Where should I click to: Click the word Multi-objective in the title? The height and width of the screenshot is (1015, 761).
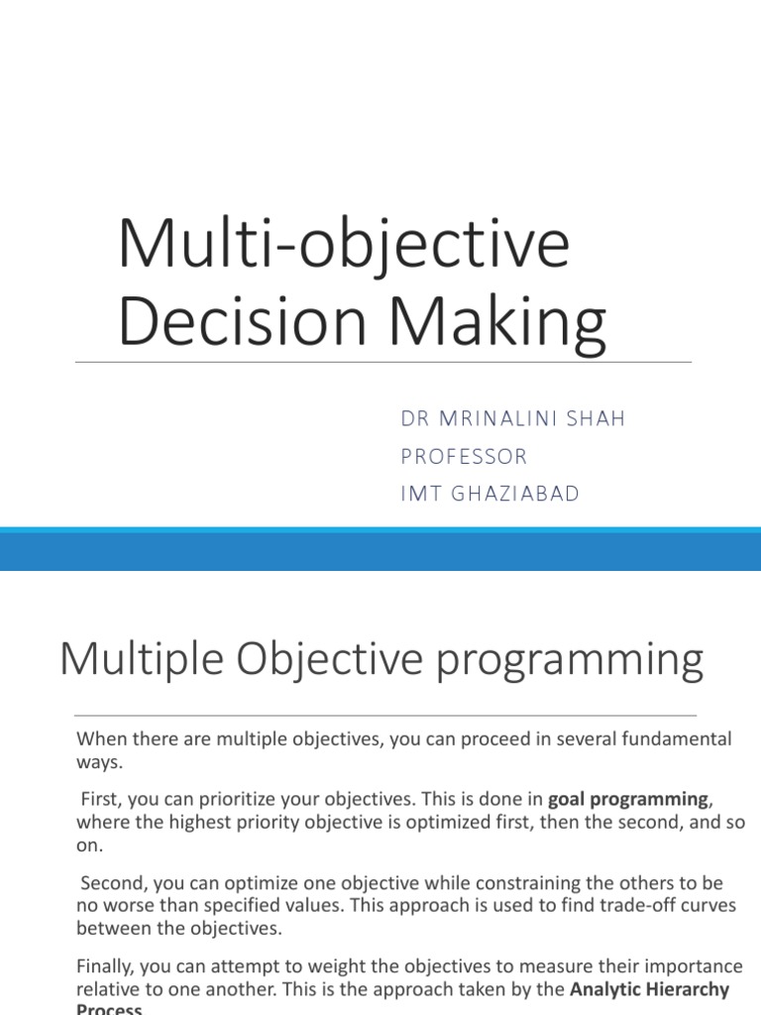click(x=343, y=244)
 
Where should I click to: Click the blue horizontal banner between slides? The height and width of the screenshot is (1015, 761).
click(x=380, y=548)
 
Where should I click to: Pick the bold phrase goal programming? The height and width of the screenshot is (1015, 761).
click(x=629, y=799)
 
